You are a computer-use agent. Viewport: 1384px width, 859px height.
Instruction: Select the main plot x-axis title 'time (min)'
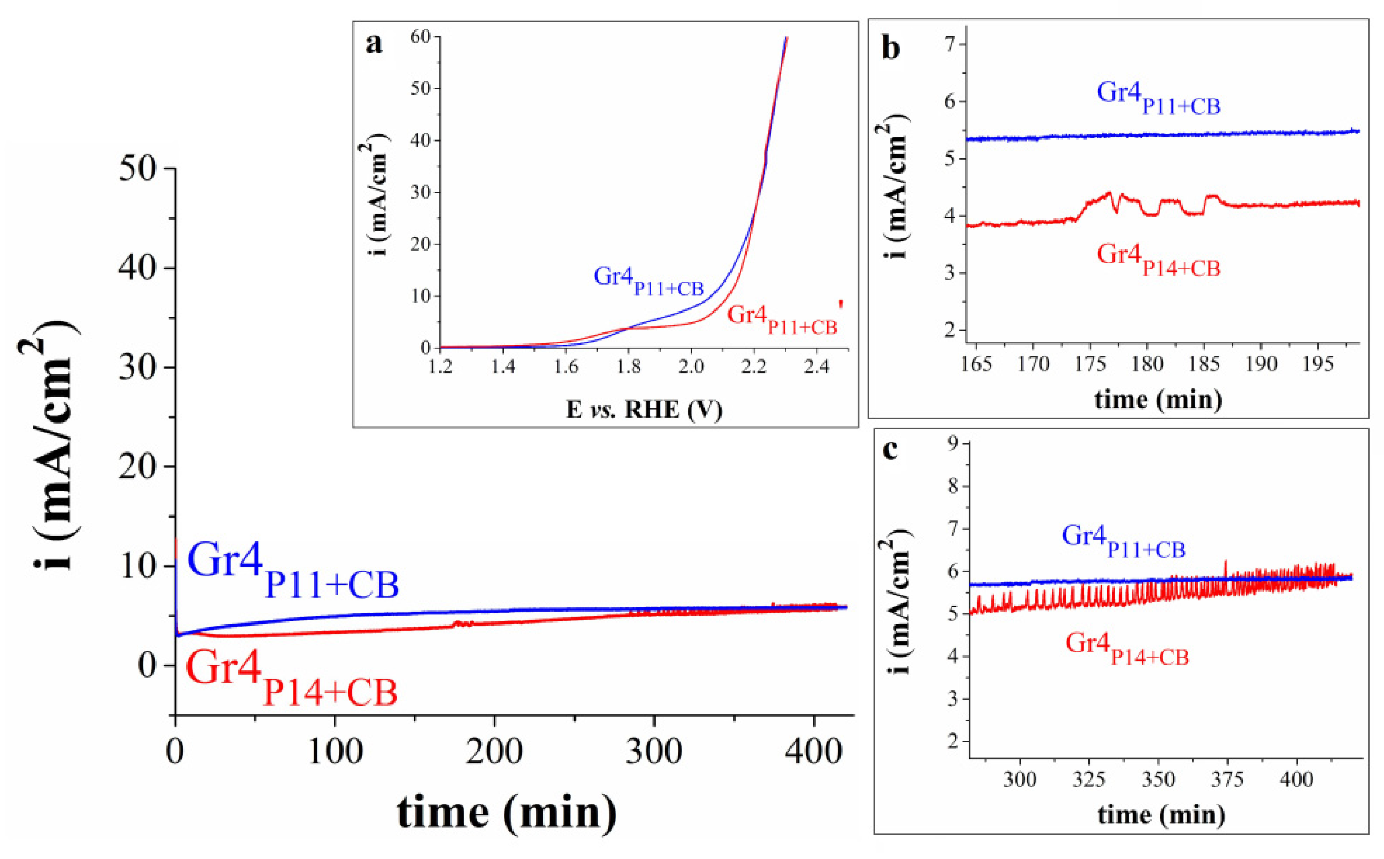click(x=506, y=813)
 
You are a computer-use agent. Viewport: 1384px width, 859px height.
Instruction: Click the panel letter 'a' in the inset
click(x=374, y=43)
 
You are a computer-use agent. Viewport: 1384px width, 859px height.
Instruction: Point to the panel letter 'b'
click(x=890, y=49)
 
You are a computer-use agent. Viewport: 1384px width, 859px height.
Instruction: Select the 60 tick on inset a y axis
click(x=422, y=37)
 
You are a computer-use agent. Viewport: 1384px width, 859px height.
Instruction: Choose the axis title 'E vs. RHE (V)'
click(x=644, y=410)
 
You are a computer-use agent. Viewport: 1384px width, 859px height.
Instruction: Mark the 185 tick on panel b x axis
click(x=1204, y=364)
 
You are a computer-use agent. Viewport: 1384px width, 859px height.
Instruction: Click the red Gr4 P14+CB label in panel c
click(x=1127, y=648)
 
